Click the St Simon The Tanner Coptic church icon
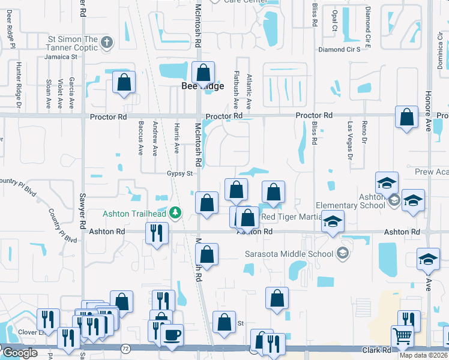(107, 42)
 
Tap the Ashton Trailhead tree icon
(175, 212)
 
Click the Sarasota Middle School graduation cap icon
(342, 253)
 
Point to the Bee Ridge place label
(202, 86)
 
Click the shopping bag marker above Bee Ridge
(203, 73)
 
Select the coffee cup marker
(172, 334)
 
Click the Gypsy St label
(179, 174)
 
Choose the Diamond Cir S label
(339, 49)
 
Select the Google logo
(19, 353)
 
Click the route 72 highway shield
(125, 347)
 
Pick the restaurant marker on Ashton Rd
(156, 232)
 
